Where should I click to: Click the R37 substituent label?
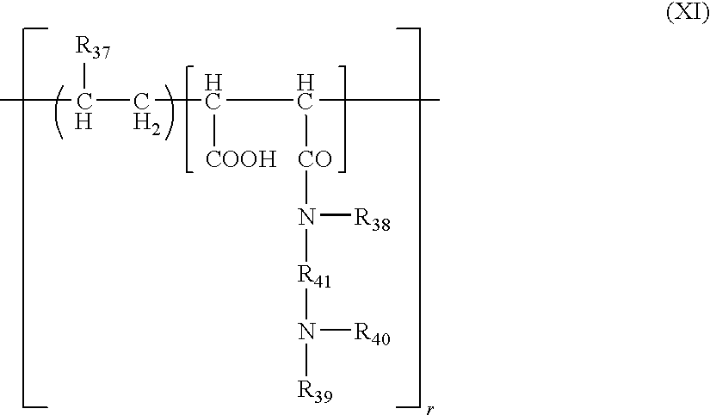point(92,47)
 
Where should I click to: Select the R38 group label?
point(372,220)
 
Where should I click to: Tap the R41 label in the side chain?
point(314,276)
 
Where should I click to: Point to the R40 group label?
point(372,335)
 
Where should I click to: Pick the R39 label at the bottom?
point(315,391)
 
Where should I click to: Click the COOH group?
point(241,159)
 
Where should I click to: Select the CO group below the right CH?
point(315,159)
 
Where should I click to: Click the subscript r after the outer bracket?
point(430,410)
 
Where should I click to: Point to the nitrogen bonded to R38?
point(306,218)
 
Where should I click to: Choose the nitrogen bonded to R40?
point(306,331)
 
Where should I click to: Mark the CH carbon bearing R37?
point(83,111)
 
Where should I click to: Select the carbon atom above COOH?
point(213,93)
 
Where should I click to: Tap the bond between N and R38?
point(335,214)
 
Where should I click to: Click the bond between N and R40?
point(335,329)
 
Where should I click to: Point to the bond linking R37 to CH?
point(84,76)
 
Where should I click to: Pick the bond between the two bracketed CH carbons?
point(259,99)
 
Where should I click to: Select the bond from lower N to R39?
point(306,360)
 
